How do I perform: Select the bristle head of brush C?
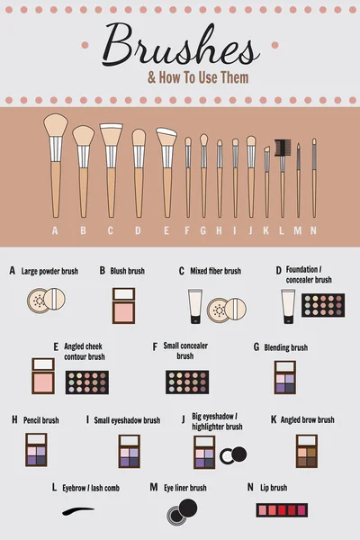(x=111, y=135)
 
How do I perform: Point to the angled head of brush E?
(x=166, y=138)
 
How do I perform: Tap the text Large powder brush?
(x=49, y=270)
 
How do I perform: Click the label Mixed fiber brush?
(x=215, y=270)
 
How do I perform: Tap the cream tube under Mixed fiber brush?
(x=195, y=307)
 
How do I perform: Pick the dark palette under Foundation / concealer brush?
(x=323, y=306)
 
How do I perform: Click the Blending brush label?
(x=285, y=347)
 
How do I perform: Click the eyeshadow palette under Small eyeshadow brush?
(x=130, y=451)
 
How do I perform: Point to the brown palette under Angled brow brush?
(x=307, y=451)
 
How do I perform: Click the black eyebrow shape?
(x=78, y=511)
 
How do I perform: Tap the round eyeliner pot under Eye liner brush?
(x=180, y=511)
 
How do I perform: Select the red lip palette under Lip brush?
(x=282, y=509)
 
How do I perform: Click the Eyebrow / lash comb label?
(x=91, y=488)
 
